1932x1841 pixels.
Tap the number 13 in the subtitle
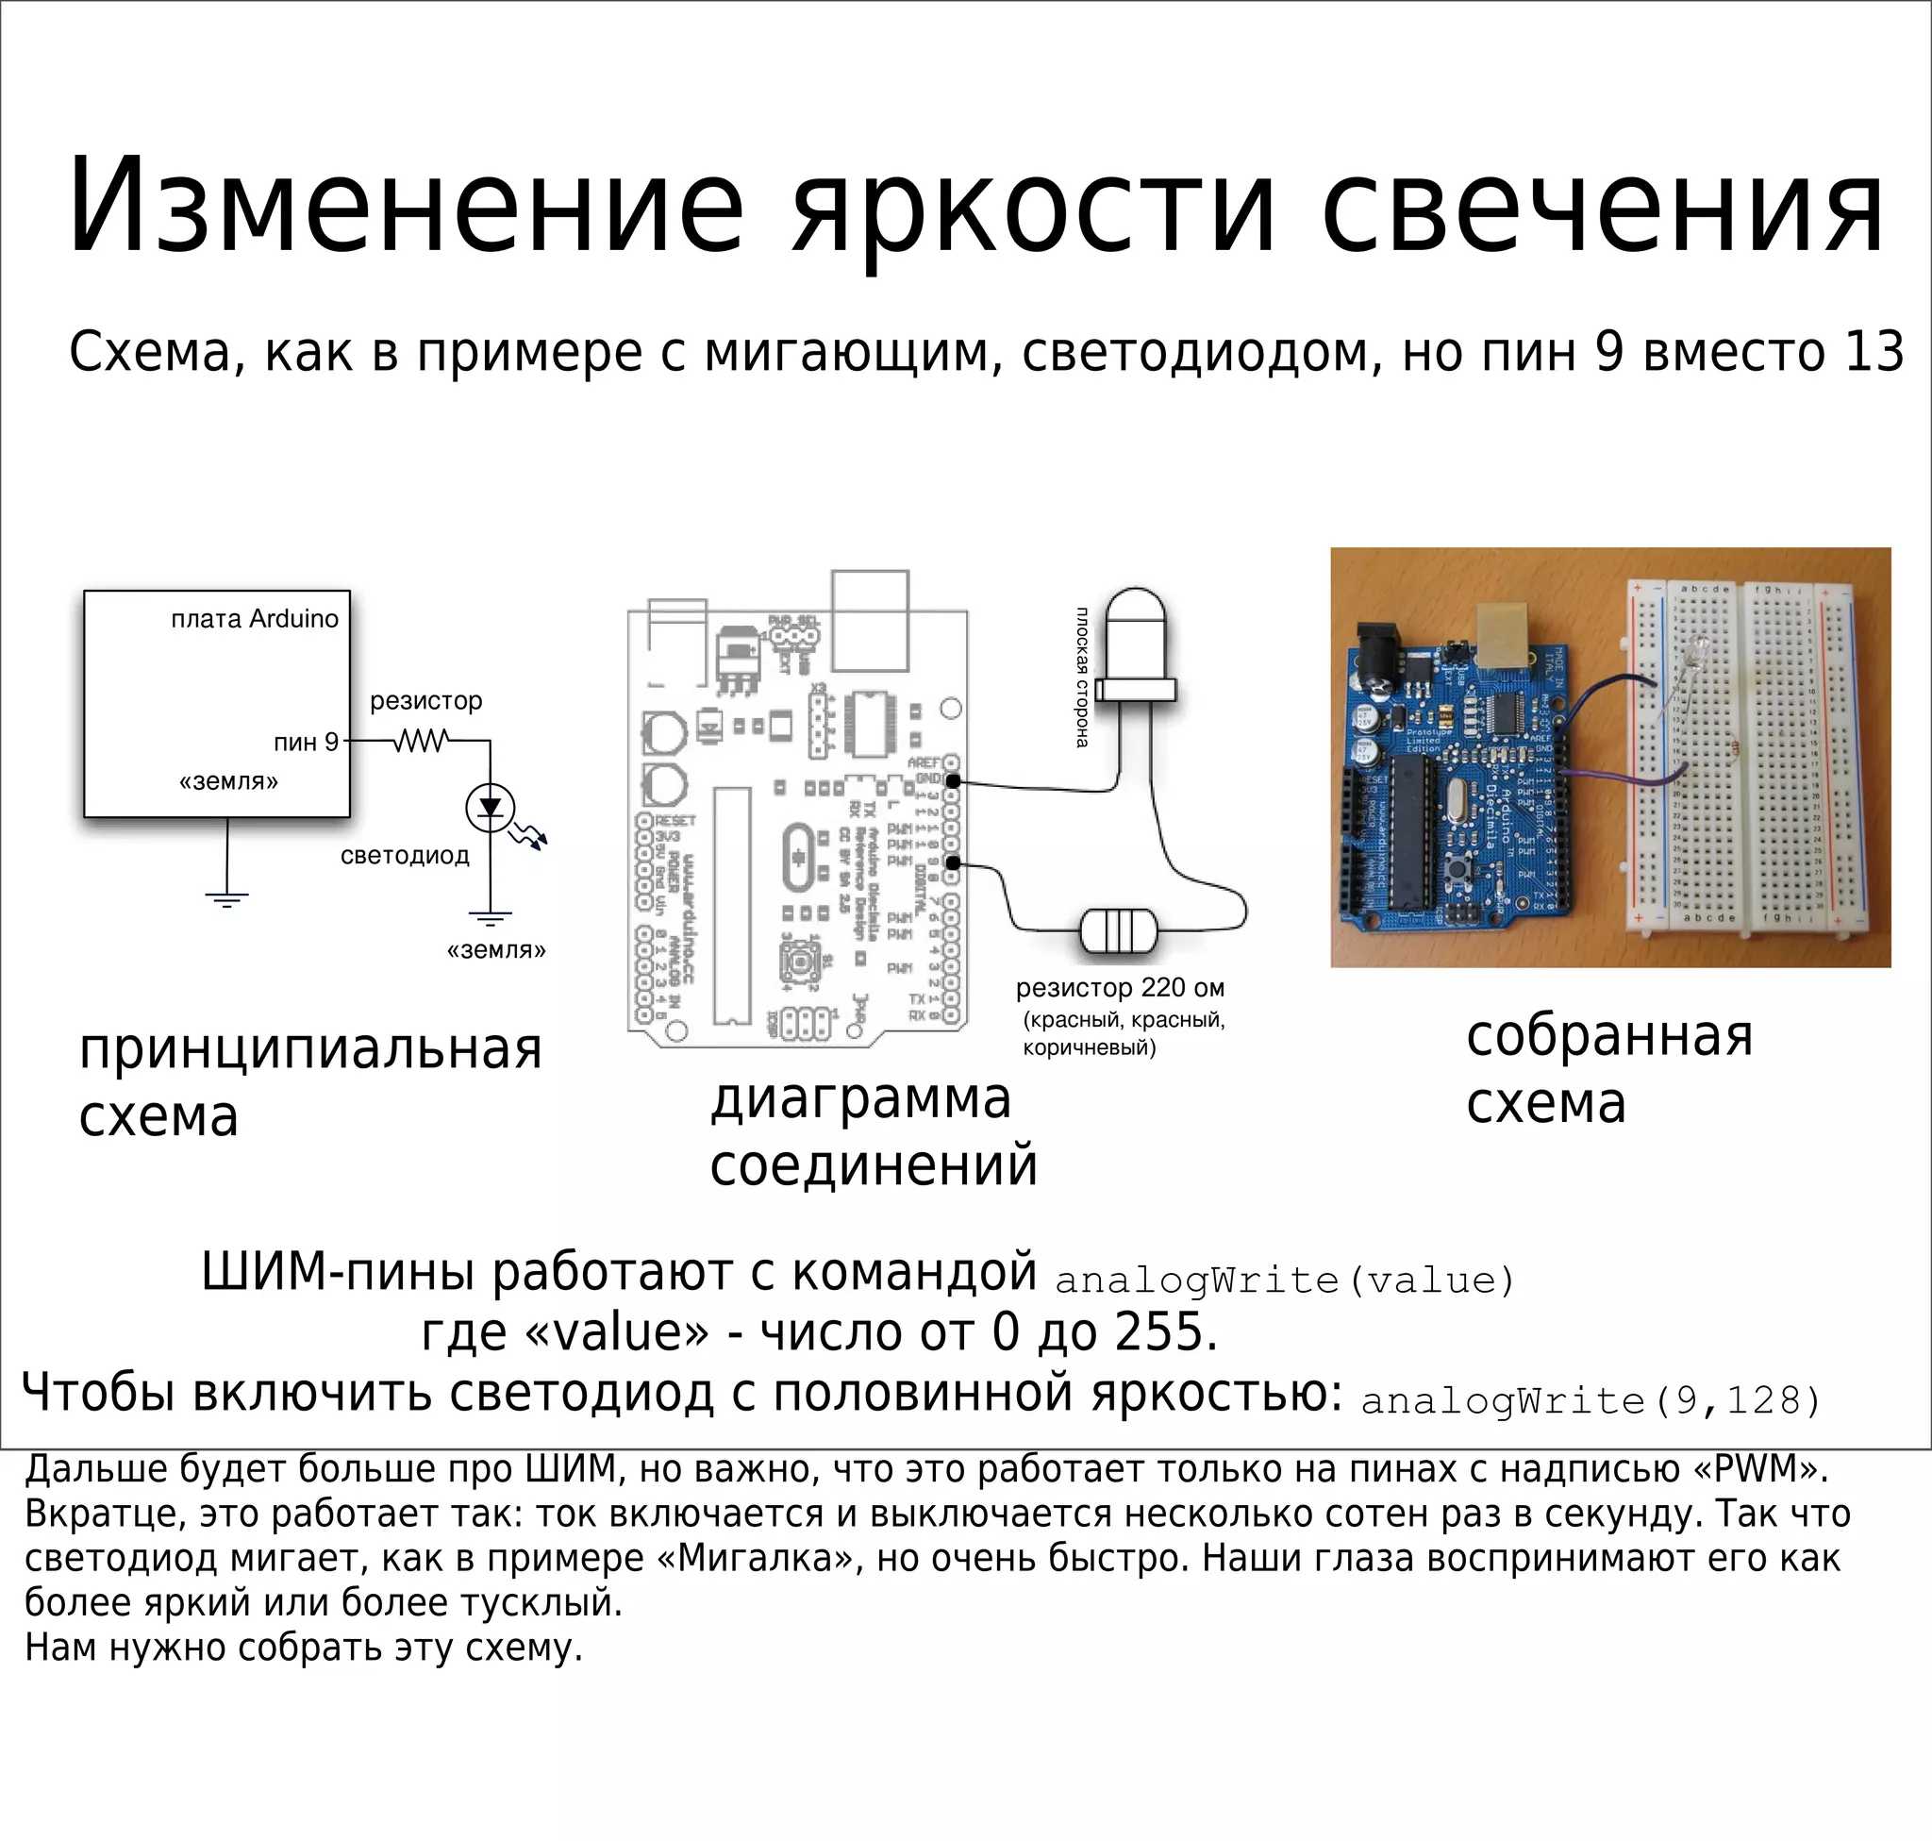(1874, 352)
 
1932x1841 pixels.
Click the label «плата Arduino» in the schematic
(254, 619)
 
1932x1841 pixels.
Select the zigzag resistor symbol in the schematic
(422, 740)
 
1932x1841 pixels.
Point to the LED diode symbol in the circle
(490, 808)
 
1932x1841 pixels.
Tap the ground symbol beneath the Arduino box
(226, 898)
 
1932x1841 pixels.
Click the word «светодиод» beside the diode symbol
(405, 856)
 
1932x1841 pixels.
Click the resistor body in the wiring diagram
(1118, 931)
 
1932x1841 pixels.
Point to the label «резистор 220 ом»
(1120, 987)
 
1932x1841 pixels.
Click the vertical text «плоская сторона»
(1081, 678)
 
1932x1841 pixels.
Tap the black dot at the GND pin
(952, 781)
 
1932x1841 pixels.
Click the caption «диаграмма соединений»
(873, 1131)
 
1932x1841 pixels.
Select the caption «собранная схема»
(1608, 1070)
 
